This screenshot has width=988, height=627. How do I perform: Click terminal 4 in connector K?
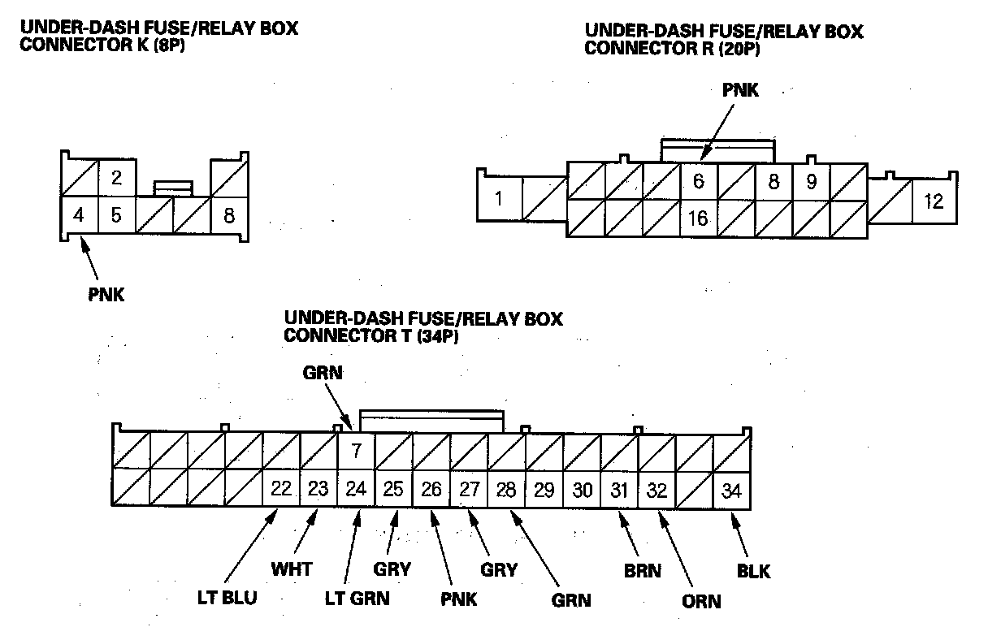point(79,216)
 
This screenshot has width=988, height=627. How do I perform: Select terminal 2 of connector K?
point(116,178)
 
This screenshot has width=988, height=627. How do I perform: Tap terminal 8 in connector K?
point(229,216)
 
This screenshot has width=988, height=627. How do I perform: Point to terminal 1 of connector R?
point(498,198)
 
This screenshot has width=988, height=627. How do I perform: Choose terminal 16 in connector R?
point(697,218)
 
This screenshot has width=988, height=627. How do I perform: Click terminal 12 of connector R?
point(934,201)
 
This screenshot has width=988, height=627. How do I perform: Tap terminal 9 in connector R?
point(811,181)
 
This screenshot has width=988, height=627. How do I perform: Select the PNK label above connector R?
point(740,91)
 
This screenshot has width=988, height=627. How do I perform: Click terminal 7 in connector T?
point(356,450)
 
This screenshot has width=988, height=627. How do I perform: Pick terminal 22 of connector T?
point(281,489)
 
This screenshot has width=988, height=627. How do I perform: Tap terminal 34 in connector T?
point(732,490)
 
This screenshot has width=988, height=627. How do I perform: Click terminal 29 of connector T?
point(544,490)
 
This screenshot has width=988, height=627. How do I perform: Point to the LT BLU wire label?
point(229,599)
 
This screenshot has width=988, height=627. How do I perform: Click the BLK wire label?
point(753,570)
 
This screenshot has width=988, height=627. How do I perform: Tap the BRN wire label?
point(642,570)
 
